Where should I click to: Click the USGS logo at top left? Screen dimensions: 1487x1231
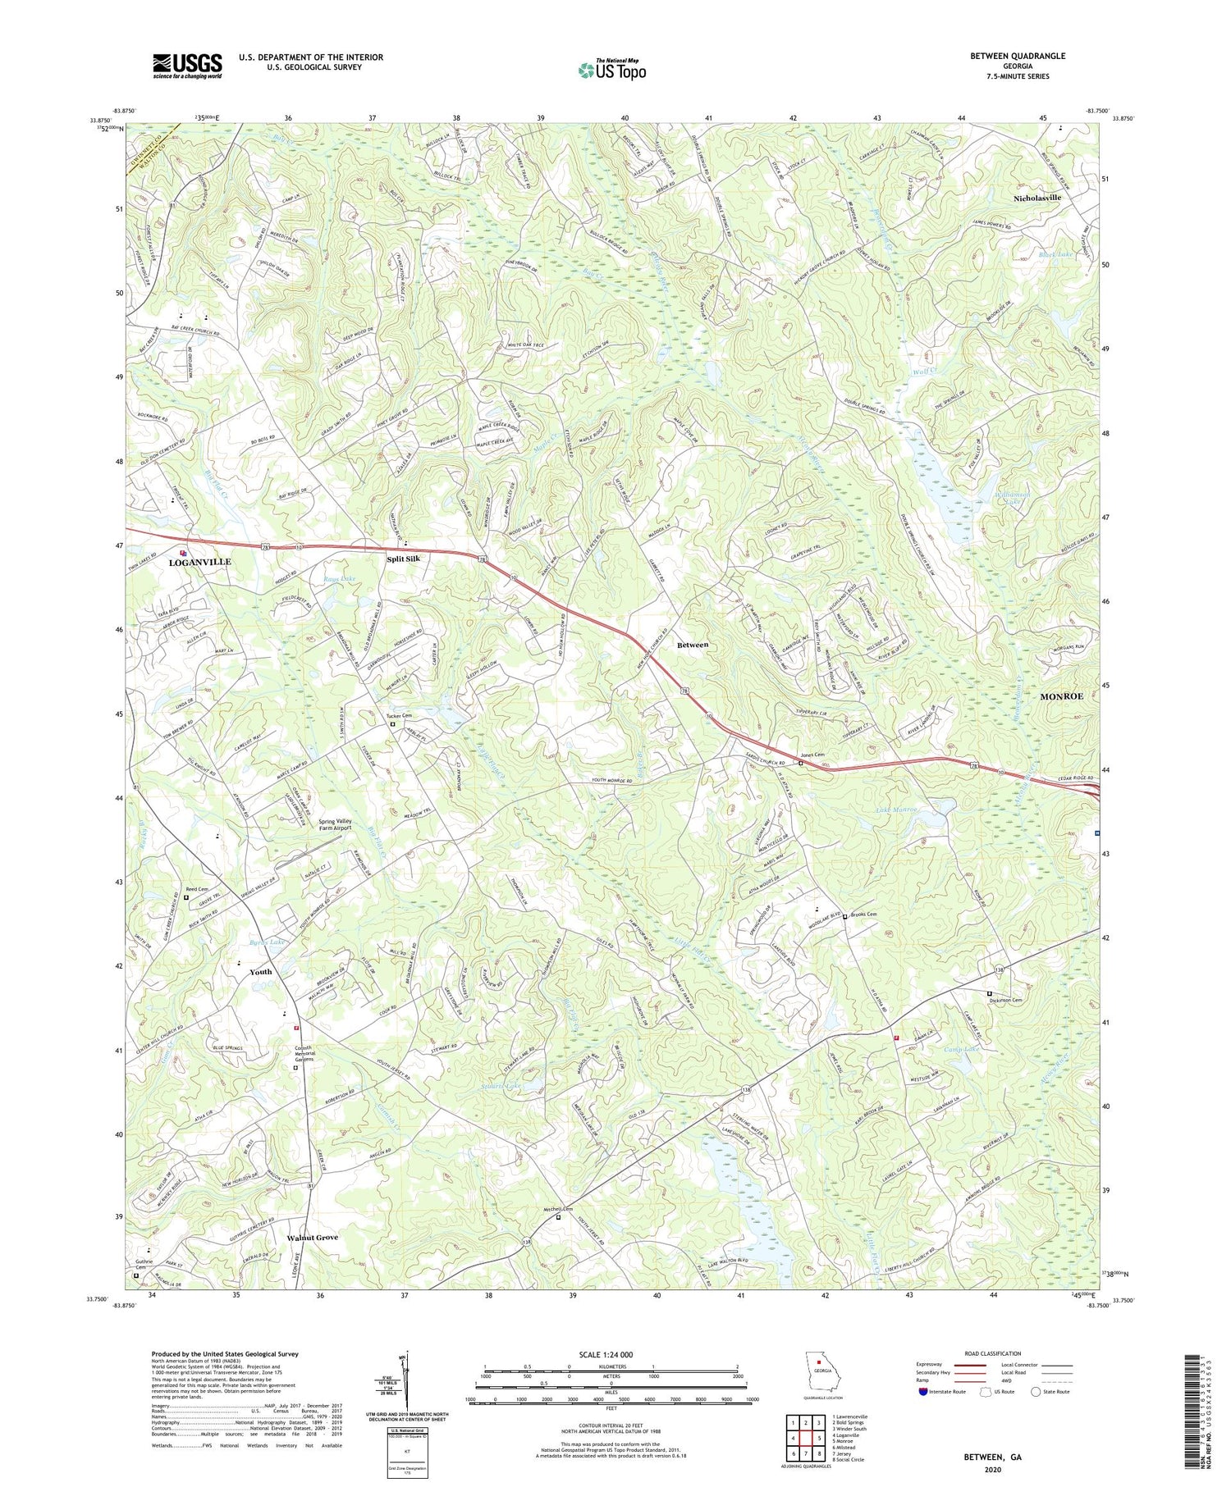coord(187,66)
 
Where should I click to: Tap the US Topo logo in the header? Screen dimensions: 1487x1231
coord(611,71)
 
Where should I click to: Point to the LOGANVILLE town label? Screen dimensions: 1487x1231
coord(200,562)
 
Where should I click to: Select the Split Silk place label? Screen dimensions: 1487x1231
coord(404,559)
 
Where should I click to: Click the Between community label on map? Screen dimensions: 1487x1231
coord(692,645)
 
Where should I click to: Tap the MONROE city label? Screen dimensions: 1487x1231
coord(1061,696)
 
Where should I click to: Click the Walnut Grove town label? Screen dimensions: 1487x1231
coord(312,1237)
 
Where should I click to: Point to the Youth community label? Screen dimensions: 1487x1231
coord(260,972)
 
